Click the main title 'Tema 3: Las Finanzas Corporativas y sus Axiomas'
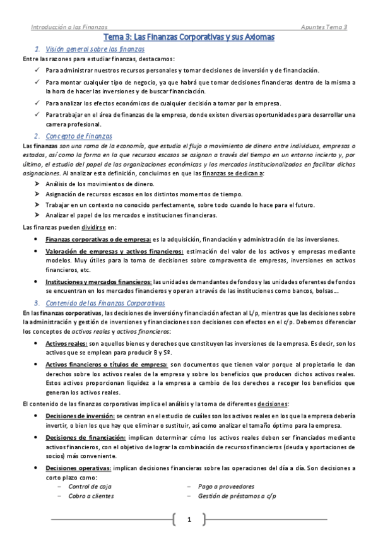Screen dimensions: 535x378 189,38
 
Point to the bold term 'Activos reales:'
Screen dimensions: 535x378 66,344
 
